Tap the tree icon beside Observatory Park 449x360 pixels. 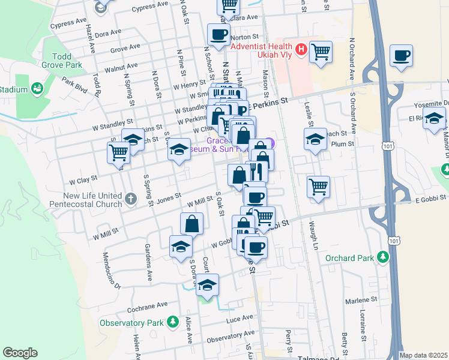point(173,323)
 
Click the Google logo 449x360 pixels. point(20,353)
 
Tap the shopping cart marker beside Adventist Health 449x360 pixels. point(321,52)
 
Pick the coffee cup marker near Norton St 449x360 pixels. point(218,34)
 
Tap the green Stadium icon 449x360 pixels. point(38,89)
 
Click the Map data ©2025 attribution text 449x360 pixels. point(423,355)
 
